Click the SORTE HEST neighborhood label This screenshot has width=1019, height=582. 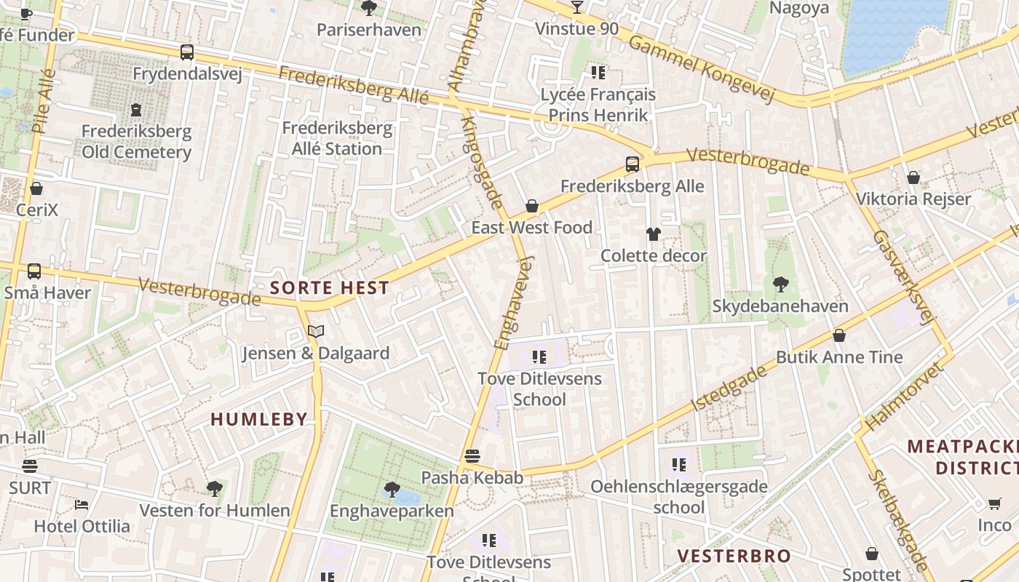pos(330,287)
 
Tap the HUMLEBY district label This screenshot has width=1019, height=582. pos(259,419)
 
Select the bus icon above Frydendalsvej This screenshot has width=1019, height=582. pos(187,52)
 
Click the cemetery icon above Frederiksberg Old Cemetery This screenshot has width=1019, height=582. pos(136,111)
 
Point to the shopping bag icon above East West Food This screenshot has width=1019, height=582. pos(532,207)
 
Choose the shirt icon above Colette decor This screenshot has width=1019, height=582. pos(653,234)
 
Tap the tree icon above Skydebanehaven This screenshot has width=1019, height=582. pos(780,284)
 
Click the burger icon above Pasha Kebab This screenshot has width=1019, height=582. pos(472,457)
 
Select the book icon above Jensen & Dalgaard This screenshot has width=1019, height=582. pos(315,332)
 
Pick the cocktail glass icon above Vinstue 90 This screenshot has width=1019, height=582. pos(577,8)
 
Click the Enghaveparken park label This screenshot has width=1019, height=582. pos(392,511)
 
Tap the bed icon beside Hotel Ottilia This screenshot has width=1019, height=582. pos(82,504)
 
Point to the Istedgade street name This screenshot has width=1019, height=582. pos(729,388)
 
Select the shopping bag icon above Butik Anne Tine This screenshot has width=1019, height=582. pos(839,336)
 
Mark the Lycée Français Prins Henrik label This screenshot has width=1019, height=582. pos(598,105)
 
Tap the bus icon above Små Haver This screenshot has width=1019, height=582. pos(34,272)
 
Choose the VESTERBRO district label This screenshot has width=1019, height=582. pos(734,557)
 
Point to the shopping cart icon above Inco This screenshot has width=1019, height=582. pos(994,504)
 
